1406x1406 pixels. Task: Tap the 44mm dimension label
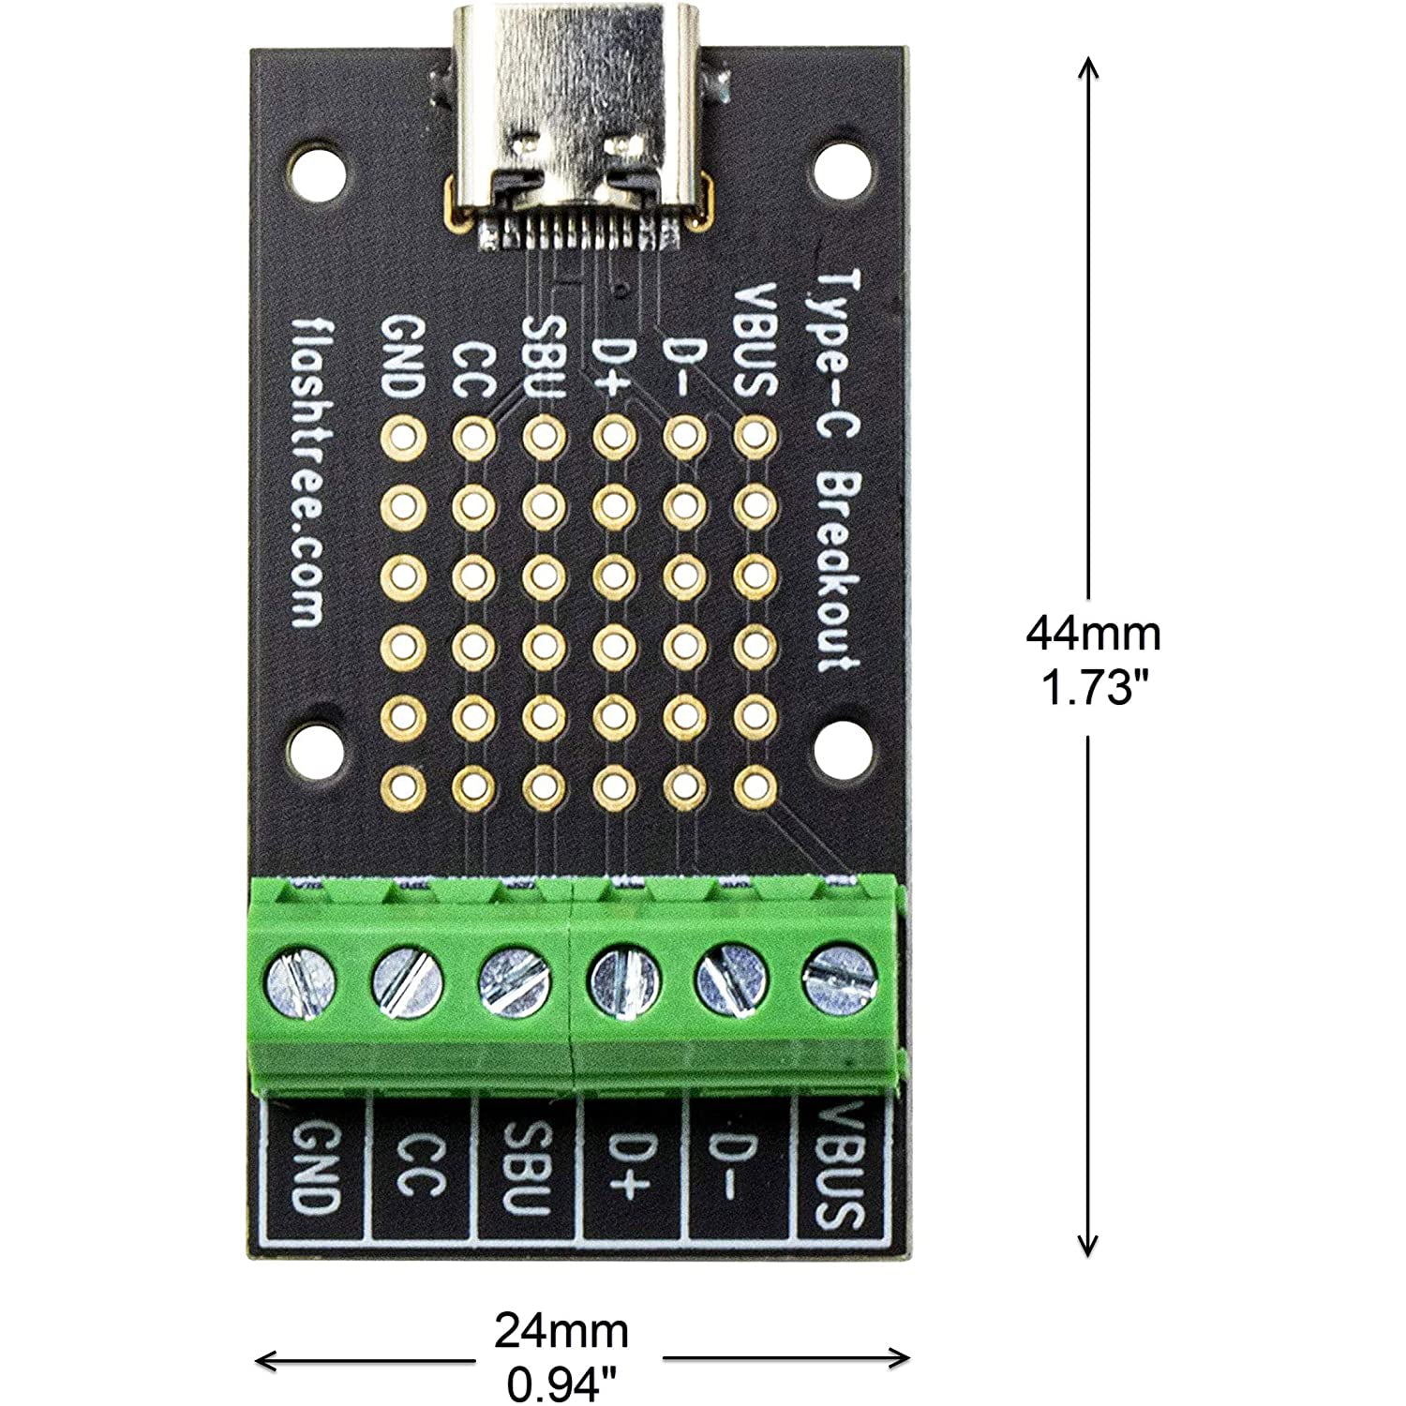tap(1093, 634)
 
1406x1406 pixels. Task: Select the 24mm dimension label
tap(561, 1330)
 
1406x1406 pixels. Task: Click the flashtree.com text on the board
tap(308, 470)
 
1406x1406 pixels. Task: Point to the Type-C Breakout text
tap(835, 469)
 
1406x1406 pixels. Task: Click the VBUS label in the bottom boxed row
tap(837, 1167)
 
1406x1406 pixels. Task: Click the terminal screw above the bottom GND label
tap(302, 982)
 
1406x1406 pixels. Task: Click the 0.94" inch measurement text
tap(561, 1384)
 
